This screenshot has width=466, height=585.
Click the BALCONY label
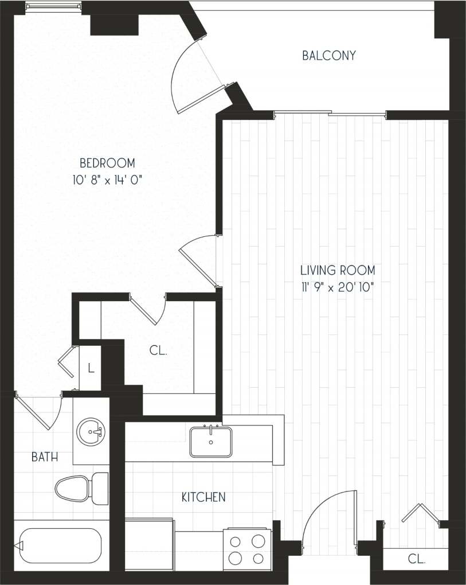329,56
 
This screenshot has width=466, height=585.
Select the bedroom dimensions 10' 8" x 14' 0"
107,180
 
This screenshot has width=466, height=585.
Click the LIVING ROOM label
338,270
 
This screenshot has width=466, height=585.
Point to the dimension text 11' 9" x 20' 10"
338,287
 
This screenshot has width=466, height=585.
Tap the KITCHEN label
203,497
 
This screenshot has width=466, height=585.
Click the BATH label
44,457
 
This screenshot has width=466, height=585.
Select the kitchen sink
211,442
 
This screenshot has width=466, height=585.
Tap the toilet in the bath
80,489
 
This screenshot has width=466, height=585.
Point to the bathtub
57,545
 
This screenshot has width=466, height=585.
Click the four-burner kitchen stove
247,549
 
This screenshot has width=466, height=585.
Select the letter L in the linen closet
91,368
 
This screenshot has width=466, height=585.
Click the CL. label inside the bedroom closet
158,351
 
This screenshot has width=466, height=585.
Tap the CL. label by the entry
417,559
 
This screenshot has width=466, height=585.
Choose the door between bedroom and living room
198,261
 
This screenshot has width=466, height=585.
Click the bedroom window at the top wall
53,7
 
